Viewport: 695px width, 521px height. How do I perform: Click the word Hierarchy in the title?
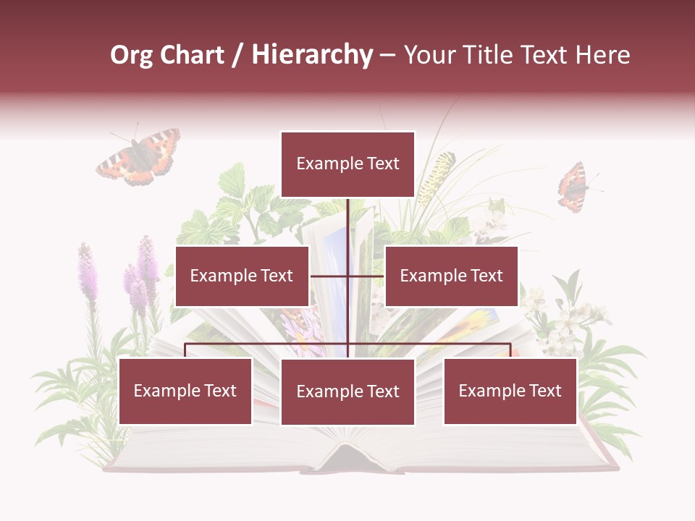pyautogui.click(x=311, y=55)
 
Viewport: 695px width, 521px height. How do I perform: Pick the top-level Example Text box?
pyautogui.click(x=347, y=164)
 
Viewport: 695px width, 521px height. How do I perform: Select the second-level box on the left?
pyautogui.click(x=242, y=276)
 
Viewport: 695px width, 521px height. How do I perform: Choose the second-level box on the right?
pyautogui.click(x=452, y=276)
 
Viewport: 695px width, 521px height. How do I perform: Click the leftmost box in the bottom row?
pyautogui.click(x=185, y=391)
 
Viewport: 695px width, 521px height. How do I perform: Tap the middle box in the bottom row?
pyautogui.click(x=347, y=391)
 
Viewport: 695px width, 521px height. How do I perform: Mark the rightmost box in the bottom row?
pyautogui.click(x=510, y=391)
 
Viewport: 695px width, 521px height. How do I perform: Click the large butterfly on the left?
pyautogui.click(x=139, y=156)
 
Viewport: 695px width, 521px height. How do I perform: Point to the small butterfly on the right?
pyautogui.click(x=573, y=187)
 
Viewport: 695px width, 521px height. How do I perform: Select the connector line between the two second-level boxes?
pyautogui.click(x=347, y=276)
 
